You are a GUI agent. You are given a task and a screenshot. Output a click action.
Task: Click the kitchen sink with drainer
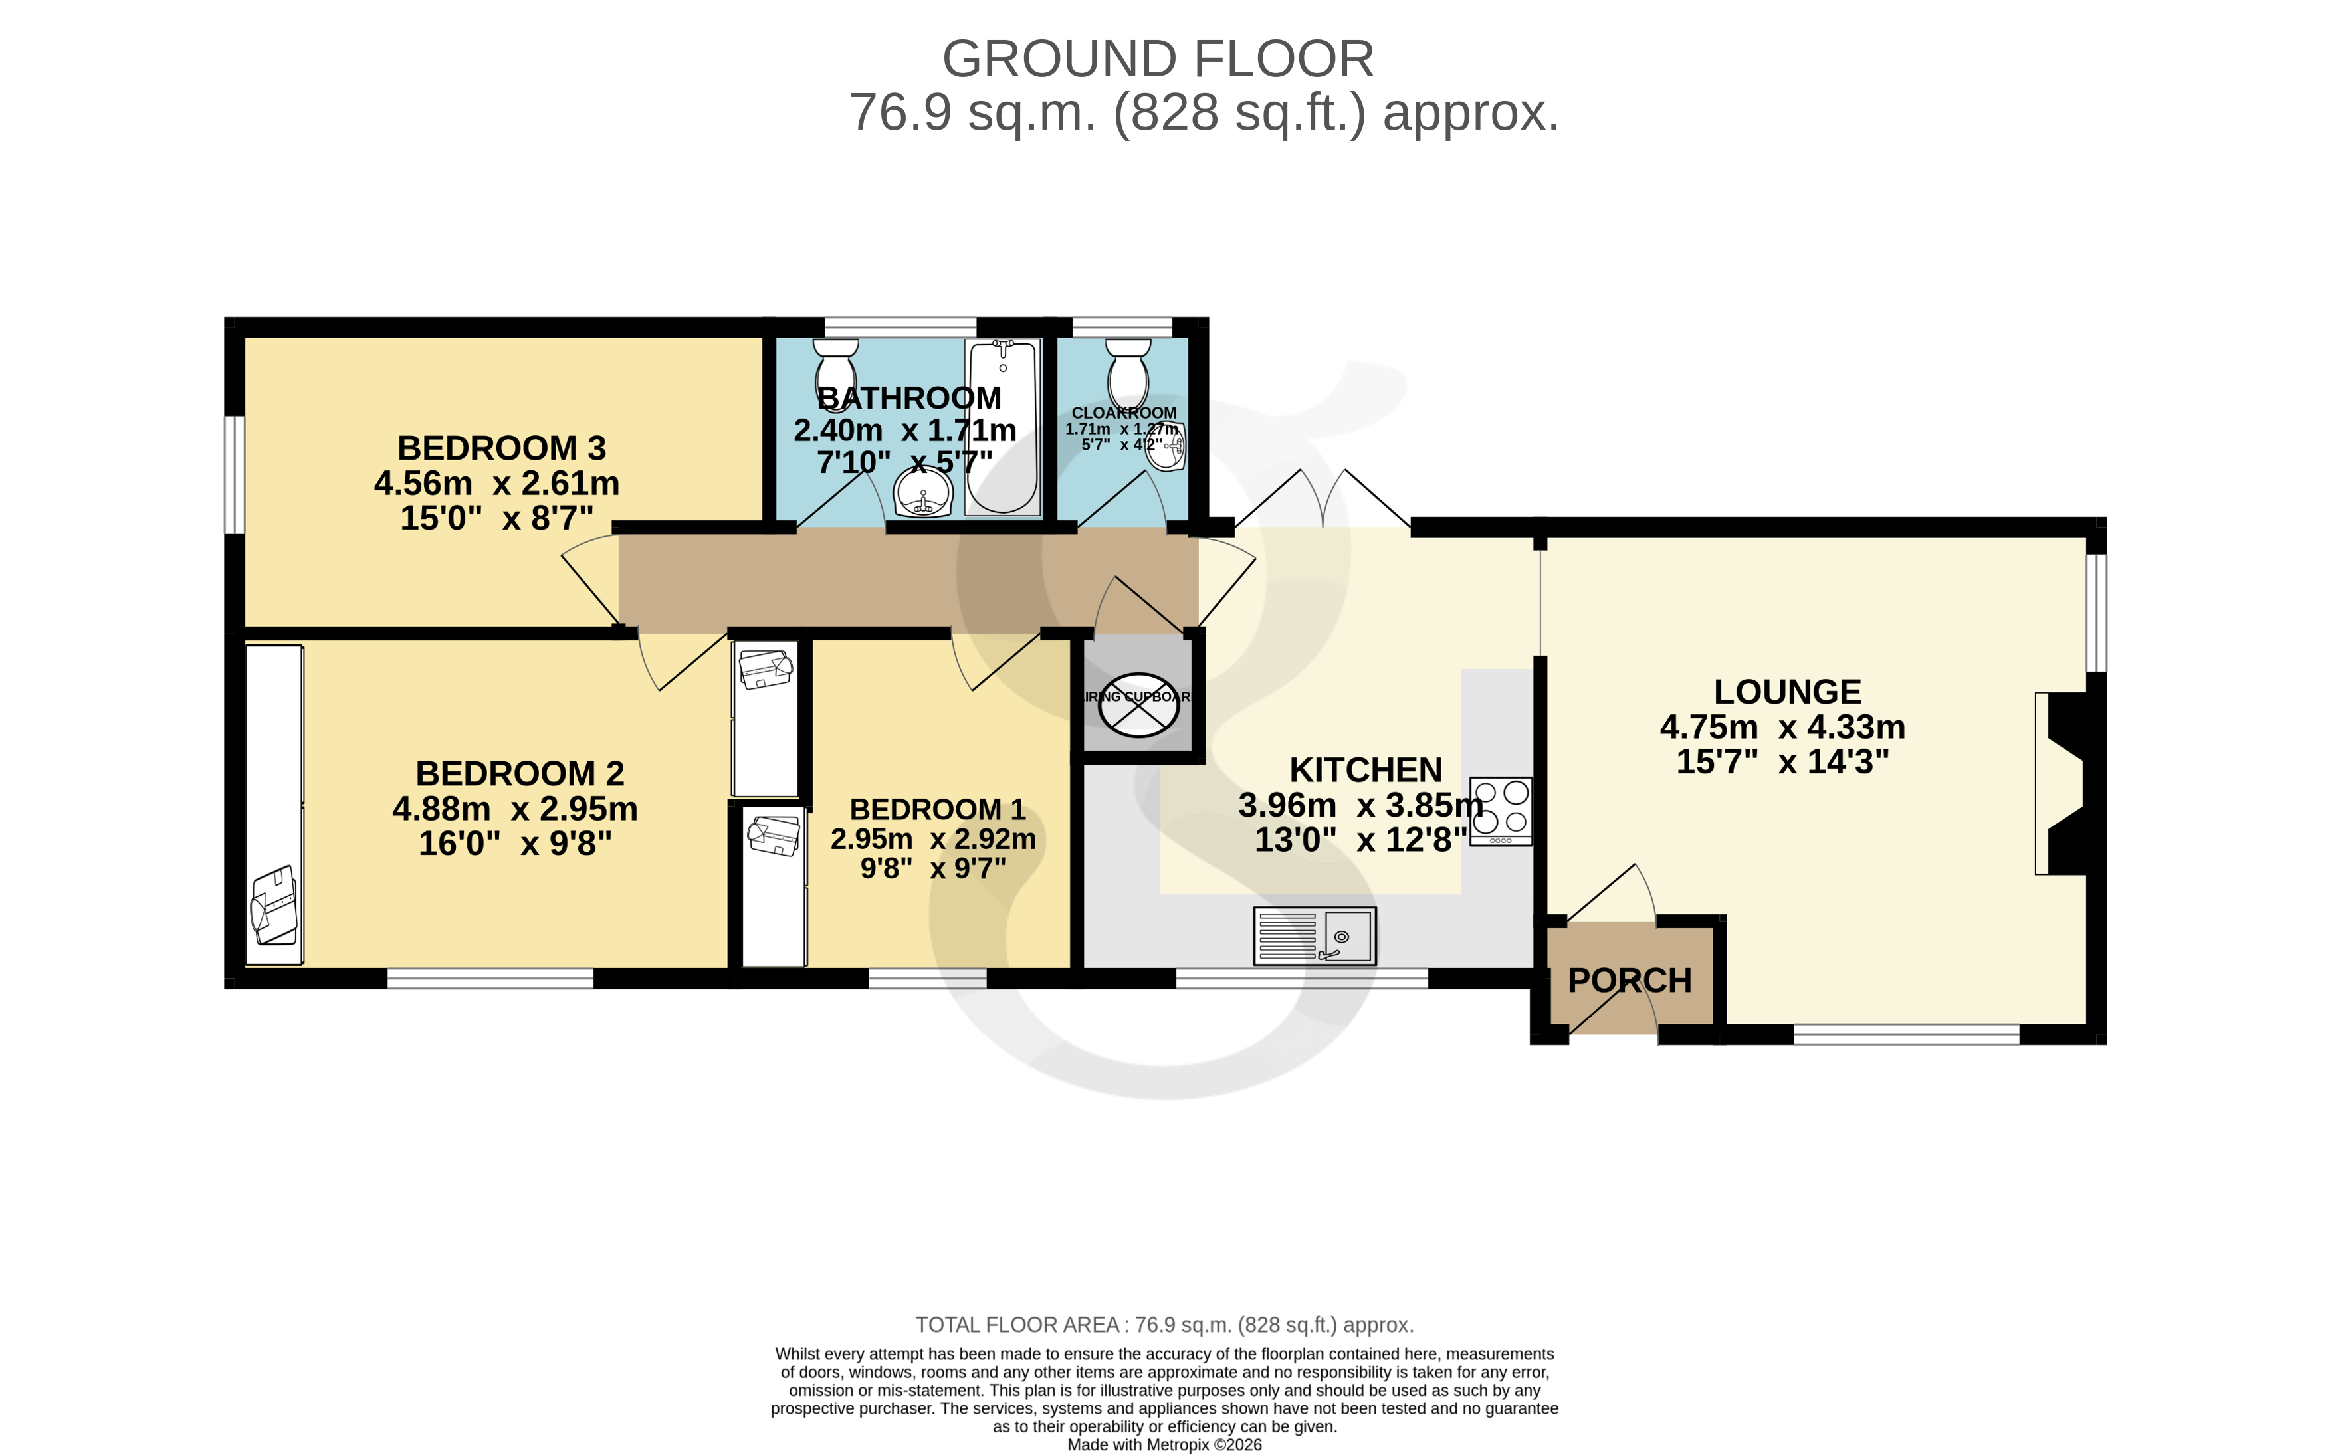pyautogui.click(x=1315, y=935)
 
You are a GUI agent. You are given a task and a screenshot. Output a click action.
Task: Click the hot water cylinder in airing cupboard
pyautogui.click(x=1138, y=704)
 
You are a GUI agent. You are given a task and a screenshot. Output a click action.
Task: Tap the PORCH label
pyautogui.click(x=1630, y=981)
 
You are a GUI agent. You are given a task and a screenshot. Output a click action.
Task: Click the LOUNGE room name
pyautogui.click(x=1787, y=692)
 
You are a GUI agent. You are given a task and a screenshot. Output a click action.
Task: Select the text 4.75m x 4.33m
pyautogui.click(x=1782, y=727)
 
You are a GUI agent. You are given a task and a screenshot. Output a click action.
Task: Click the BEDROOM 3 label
pyautogui.click(x=501, y=448)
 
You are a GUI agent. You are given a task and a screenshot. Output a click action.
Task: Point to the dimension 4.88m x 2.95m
pyautogui.click(x=515, y=809)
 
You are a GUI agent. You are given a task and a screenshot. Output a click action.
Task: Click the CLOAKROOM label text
pyautogui.click(x=1123, y=413)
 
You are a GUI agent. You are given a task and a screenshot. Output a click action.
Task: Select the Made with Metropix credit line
pyautogui.click(x=1164, y=1444)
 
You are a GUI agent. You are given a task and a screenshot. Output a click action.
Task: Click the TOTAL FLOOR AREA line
pyautogui.click(x=1164, y=1325)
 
